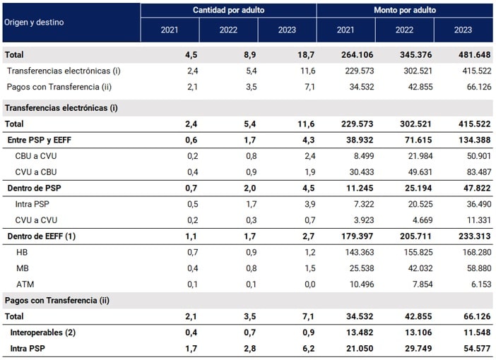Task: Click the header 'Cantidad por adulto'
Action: tap(228, 10)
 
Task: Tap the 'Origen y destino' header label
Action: tap(33, 22)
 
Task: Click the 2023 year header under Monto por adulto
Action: tap(463, 31)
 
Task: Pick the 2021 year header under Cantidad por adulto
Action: tap(170, 31)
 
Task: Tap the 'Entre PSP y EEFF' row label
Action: tap(40, 140)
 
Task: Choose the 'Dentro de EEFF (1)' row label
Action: tap(42, 236)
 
